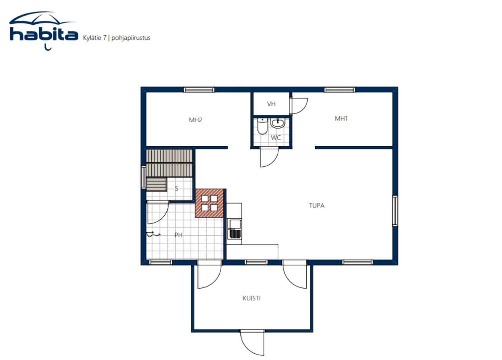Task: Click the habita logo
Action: point(44,31)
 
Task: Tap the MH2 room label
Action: point(196,120)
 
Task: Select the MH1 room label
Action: point(341,118)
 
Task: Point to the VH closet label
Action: point(271,104)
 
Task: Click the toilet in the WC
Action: point(262,126)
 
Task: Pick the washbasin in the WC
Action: point(278,123)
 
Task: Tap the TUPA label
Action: point(316,205)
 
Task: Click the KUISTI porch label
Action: point(252,298)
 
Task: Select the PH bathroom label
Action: point(178,235)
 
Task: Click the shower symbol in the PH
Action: point(153,234)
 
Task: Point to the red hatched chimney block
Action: point(209,203)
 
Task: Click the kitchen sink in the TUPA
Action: point(235,229)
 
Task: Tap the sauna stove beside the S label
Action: point(156,184)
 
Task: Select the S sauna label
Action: point(176,189)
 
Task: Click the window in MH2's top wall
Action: point(199,90)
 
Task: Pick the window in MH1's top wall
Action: point(340,90)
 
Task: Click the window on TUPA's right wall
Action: point(395,211)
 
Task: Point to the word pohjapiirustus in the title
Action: point(131,38)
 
